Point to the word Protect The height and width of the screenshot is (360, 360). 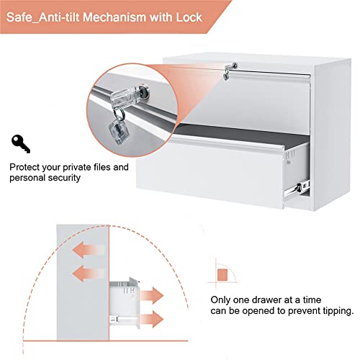point(25,167)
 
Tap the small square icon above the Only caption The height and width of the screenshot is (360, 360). point(222,275)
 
